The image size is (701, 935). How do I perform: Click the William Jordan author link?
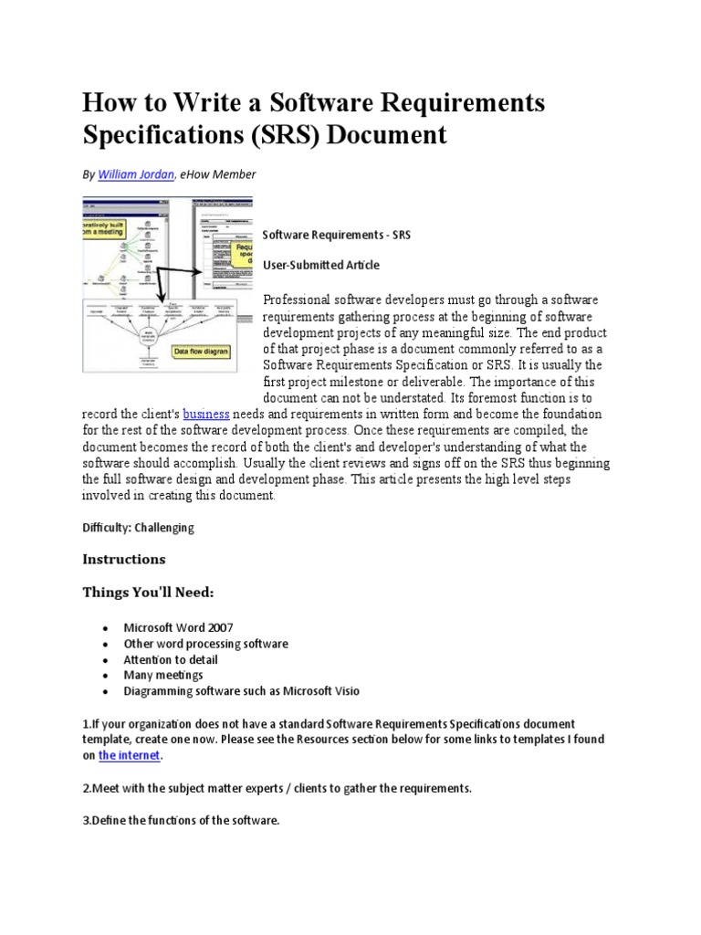tap(135, 174)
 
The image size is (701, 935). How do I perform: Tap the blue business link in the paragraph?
tap(205, 414)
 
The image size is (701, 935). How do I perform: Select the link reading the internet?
tap(131, 755)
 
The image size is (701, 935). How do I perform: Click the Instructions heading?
tap(124, 558)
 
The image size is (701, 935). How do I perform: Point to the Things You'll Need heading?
tap(148, 594)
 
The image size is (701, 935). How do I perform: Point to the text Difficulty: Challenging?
tap(138, 528)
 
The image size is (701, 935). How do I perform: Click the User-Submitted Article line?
tap(320, 265)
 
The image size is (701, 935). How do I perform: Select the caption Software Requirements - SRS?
tap(337, 235)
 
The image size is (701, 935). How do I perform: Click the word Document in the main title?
tap(387, 135)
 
